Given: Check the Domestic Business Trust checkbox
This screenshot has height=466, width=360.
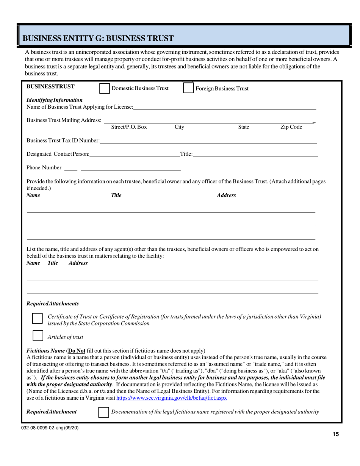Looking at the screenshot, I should coord(104,88).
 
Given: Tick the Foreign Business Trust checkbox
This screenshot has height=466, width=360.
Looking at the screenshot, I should coord(188,88).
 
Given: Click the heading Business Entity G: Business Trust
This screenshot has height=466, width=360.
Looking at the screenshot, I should coord(98,38).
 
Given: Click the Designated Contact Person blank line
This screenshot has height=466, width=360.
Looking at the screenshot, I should coord(135,154).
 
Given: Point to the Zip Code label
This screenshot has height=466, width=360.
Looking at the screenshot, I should coord(291,127).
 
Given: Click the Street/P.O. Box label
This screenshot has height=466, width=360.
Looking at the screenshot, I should coord(129,127).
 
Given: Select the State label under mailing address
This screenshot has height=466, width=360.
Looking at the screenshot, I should coord(243,127).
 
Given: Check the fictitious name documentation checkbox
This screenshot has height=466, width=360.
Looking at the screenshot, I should coord(103,412).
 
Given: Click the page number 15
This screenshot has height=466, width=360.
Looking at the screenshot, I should coord(335,435).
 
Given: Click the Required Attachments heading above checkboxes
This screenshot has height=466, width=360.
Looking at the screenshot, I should coord(53,304).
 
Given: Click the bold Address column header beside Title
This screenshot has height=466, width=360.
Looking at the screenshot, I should coord(226,195).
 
